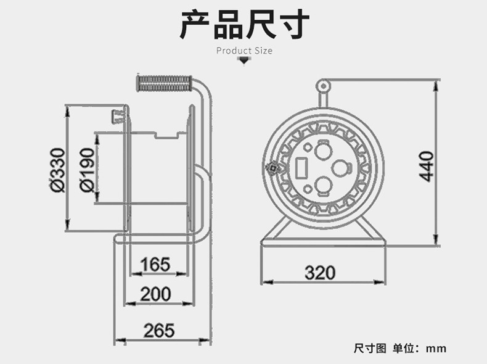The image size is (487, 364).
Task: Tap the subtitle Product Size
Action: click(244, 51)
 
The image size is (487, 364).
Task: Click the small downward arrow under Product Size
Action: click(244, 60)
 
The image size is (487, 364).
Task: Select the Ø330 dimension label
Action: click(57, 170)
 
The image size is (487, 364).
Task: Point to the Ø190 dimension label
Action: click(87, 170)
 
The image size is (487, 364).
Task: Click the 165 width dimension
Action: click(154, 265)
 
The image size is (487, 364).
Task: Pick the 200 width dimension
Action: click(155, 294)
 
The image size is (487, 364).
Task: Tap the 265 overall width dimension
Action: click(159, 330)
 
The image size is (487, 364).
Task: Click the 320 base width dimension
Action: click(319, 272)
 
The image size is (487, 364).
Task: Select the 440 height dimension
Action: click(427, 165)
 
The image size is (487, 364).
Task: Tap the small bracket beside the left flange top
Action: click(117, 115)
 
